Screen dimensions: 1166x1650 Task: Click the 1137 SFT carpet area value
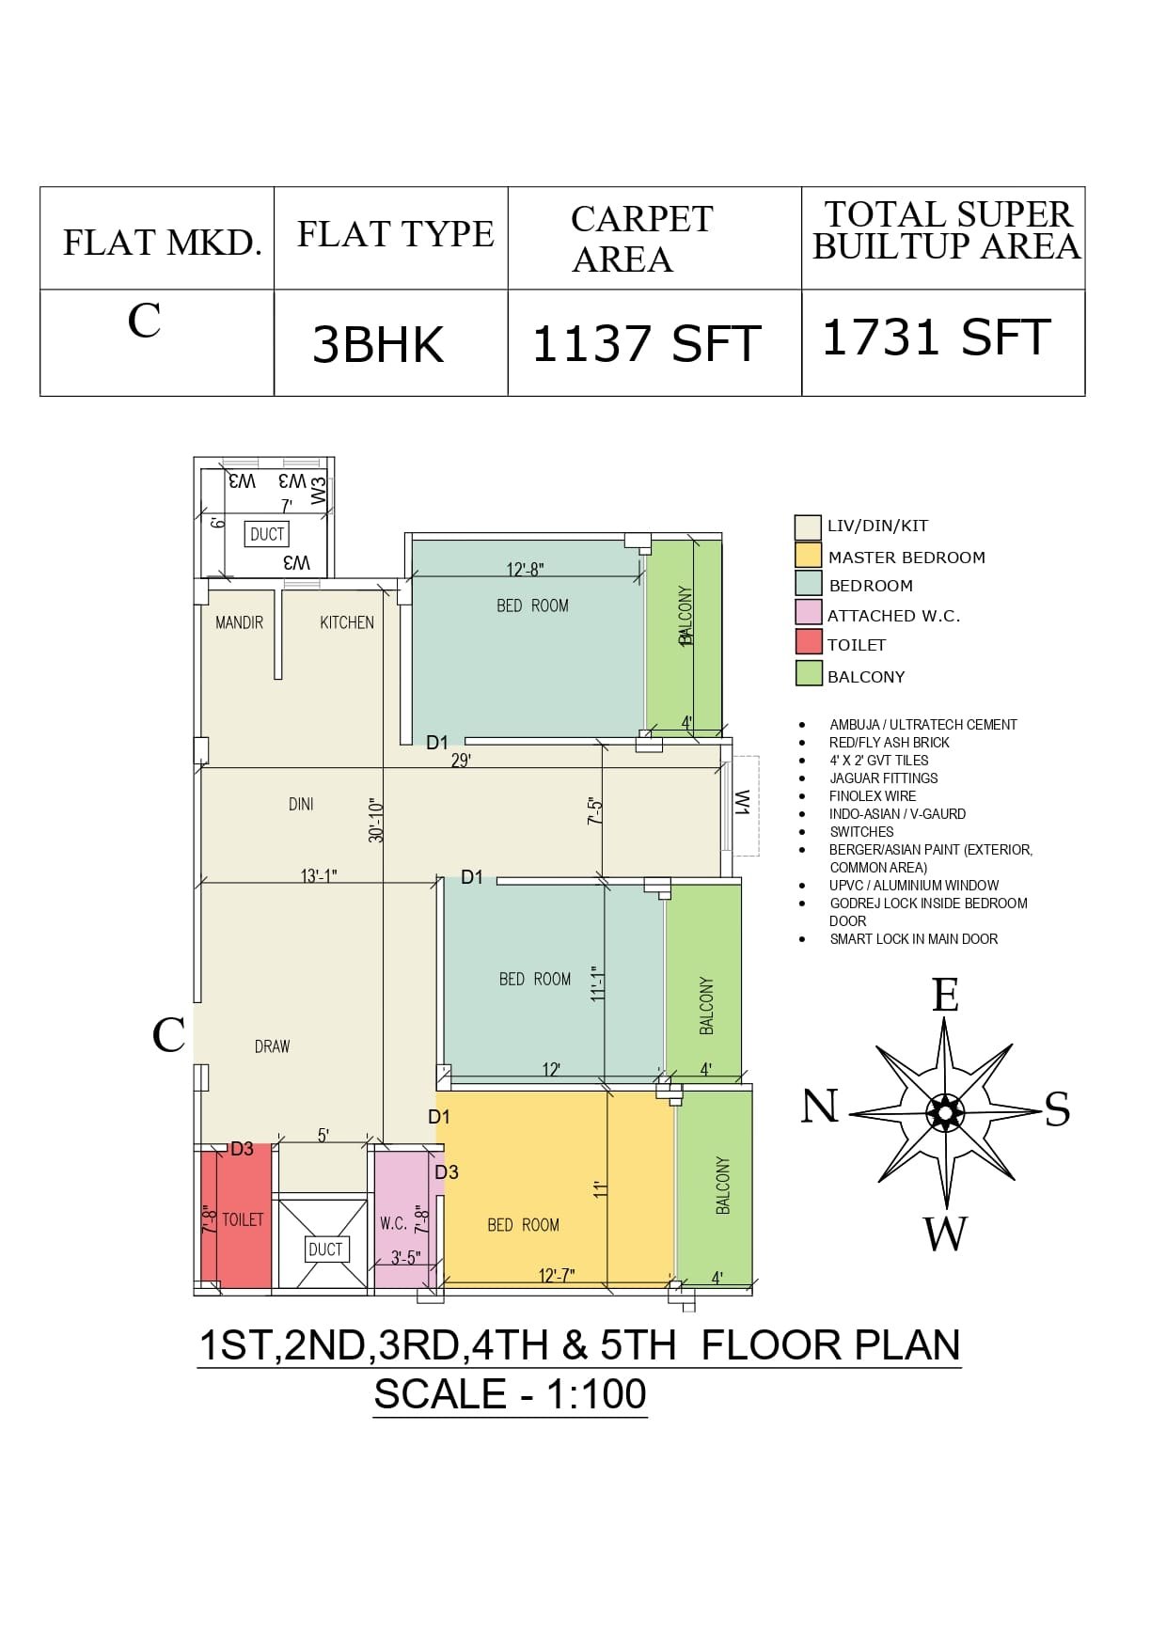click(646, 343)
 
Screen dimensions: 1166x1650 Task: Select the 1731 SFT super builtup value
click(937, 338)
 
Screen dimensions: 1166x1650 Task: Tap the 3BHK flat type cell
click(378, 344)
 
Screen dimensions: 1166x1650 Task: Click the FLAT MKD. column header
click(162, 243)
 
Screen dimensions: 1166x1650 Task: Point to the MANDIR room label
click(239, 622)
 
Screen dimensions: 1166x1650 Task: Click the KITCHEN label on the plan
click(347, 622)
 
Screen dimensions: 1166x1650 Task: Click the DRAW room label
click(272, 1046)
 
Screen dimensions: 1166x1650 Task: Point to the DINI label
click(301, 804)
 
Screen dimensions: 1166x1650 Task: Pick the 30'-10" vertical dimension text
click(376, 820)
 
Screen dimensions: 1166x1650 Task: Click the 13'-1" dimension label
click(319, 876)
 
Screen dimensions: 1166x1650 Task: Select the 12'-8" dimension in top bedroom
click(525, 570)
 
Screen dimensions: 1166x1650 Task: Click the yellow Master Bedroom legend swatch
click(808, 556)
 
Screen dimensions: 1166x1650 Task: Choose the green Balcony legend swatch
click(809, 674)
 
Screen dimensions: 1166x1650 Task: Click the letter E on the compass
click(945, 996)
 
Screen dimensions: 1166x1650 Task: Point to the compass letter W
click(945, 1233)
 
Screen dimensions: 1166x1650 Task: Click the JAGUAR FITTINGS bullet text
click(883, 778)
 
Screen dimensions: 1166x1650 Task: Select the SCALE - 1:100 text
click(511, 1394)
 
